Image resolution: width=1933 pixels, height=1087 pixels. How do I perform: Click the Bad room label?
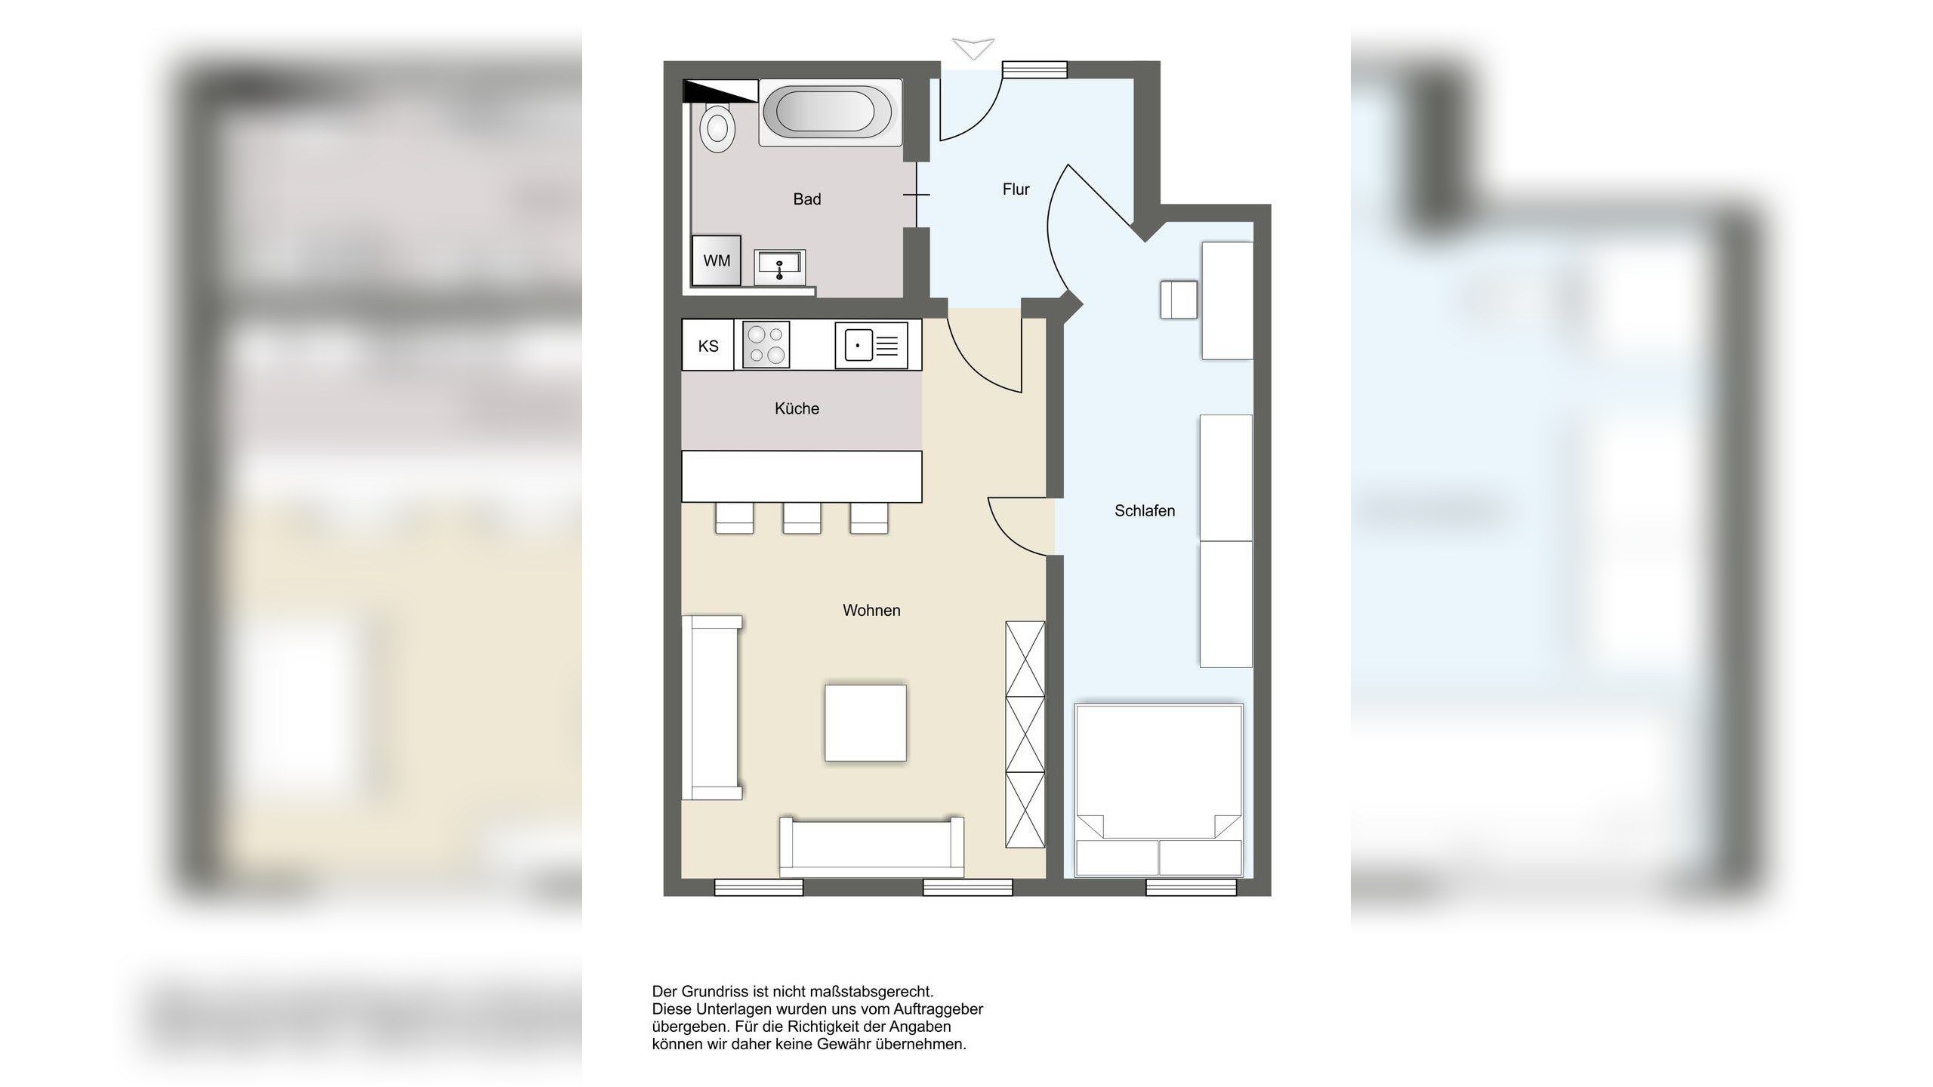pyautogui.click(x=806, y=199)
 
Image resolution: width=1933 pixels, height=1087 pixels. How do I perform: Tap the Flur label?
pyautogui.click(x=1016, y=189)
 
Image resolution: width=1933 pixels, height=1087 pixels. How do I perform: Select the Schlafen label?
pyautogui.click(x=1145, y=511)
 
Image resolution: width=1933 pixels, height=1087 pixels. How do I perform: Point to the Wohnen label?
pyautogui.click(x=871, y=611)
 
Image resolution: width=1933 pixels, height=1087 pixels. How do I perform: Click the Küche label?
pyautogui.click(x=797, y=408)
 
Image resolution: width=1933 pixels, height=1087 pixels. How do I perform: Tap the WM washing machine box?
pyautogui.click(x=717, y=260)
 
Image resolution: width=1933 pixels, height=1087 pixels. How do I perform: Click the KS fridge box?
pyautogui.click(x=708, y=346)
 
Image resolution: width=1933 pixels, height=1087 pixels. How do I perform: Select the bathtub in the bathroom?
pyautogui.click(x=830, y=113)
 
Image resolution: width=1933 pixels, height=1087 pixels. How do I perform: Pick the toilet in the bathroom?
pyautogui.click(x=717, y=128)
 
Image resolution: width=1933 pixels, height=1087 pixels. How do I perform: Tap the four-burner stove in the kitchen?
pyautogui.click(x=766, y=345)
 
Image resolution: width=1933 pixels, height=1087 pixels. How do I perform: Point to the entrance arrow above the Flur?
pyautogui.click(x=973, y=48)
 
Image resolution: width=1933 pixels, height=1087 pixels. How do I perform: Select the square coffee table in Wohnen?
pyautogui.click(x=865, y=723)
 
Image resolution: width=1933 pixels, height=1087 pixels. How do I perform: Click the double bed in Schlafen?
pyautogui.click(x=1158, y=790)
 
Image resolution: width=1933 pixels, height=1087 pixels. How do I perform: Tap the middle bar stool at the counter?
pyautogui.click(x=802, y=518)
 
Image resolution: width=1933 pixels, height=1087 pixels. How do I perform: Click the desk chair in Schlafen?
pyautogui.click(x=1179, y=300)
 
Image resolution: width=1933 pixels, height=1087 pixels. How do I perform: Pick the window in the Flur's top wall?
pyautogui.click(x=1034, y=69)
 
